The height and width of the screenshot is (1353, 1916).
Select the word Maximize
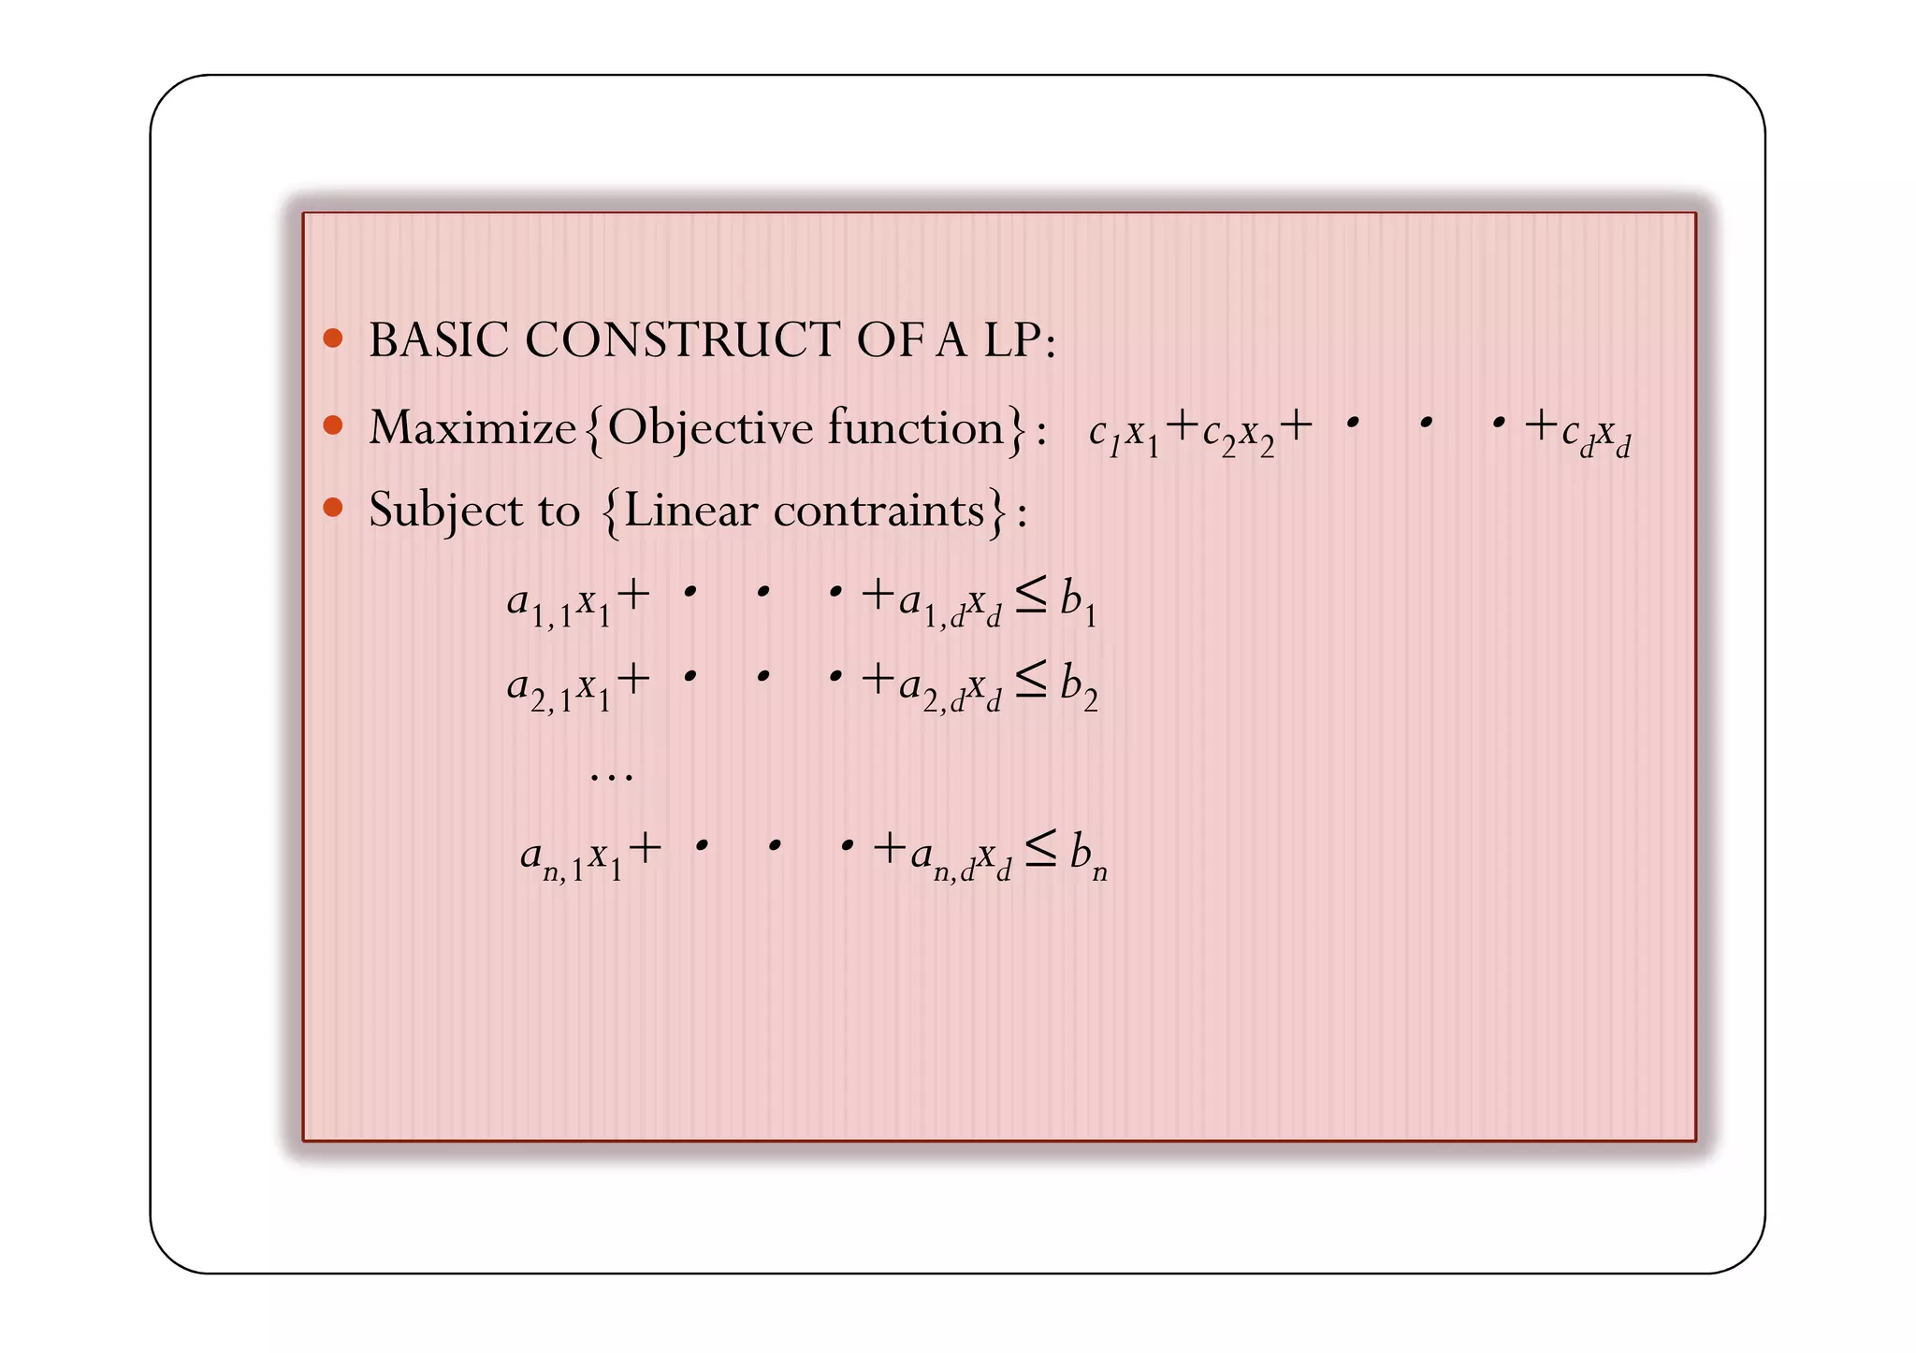pyautogui.click(x=472, y=429)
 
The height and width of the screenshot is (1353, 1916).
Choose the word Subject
pyautogui.click(x=445, y=511)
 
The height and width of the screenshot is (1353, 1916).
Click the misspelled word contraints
pyautogui.click(x=878, y=511)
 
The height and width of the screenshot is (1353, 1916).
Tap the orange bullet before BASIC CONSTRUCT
pyautogui.click(x=333, y=338)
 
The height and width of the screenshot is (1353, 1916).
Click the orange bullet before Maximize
pyautogui.click(x=333, y=425)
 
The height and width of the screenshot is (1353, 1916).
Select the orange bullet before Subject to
pyautogui.click(x=333, y=508)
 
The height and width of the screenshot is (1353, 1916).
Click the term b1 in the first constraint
pyautogui.click(x=1078, y=600)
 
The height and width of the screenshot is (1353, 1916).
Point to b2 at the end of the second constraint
pyautogui.click(x=1079, y=685)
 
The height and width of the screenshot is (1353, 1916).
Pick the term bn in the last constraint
pyautogui.click(x=1088, y=856)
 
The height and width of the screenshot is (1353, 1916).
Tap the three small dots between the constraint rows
pyautogui.click(x=612, y=775)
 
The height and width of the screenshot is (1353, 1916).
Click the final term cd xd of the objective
pyautogui.click(x=1596, y=434)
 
